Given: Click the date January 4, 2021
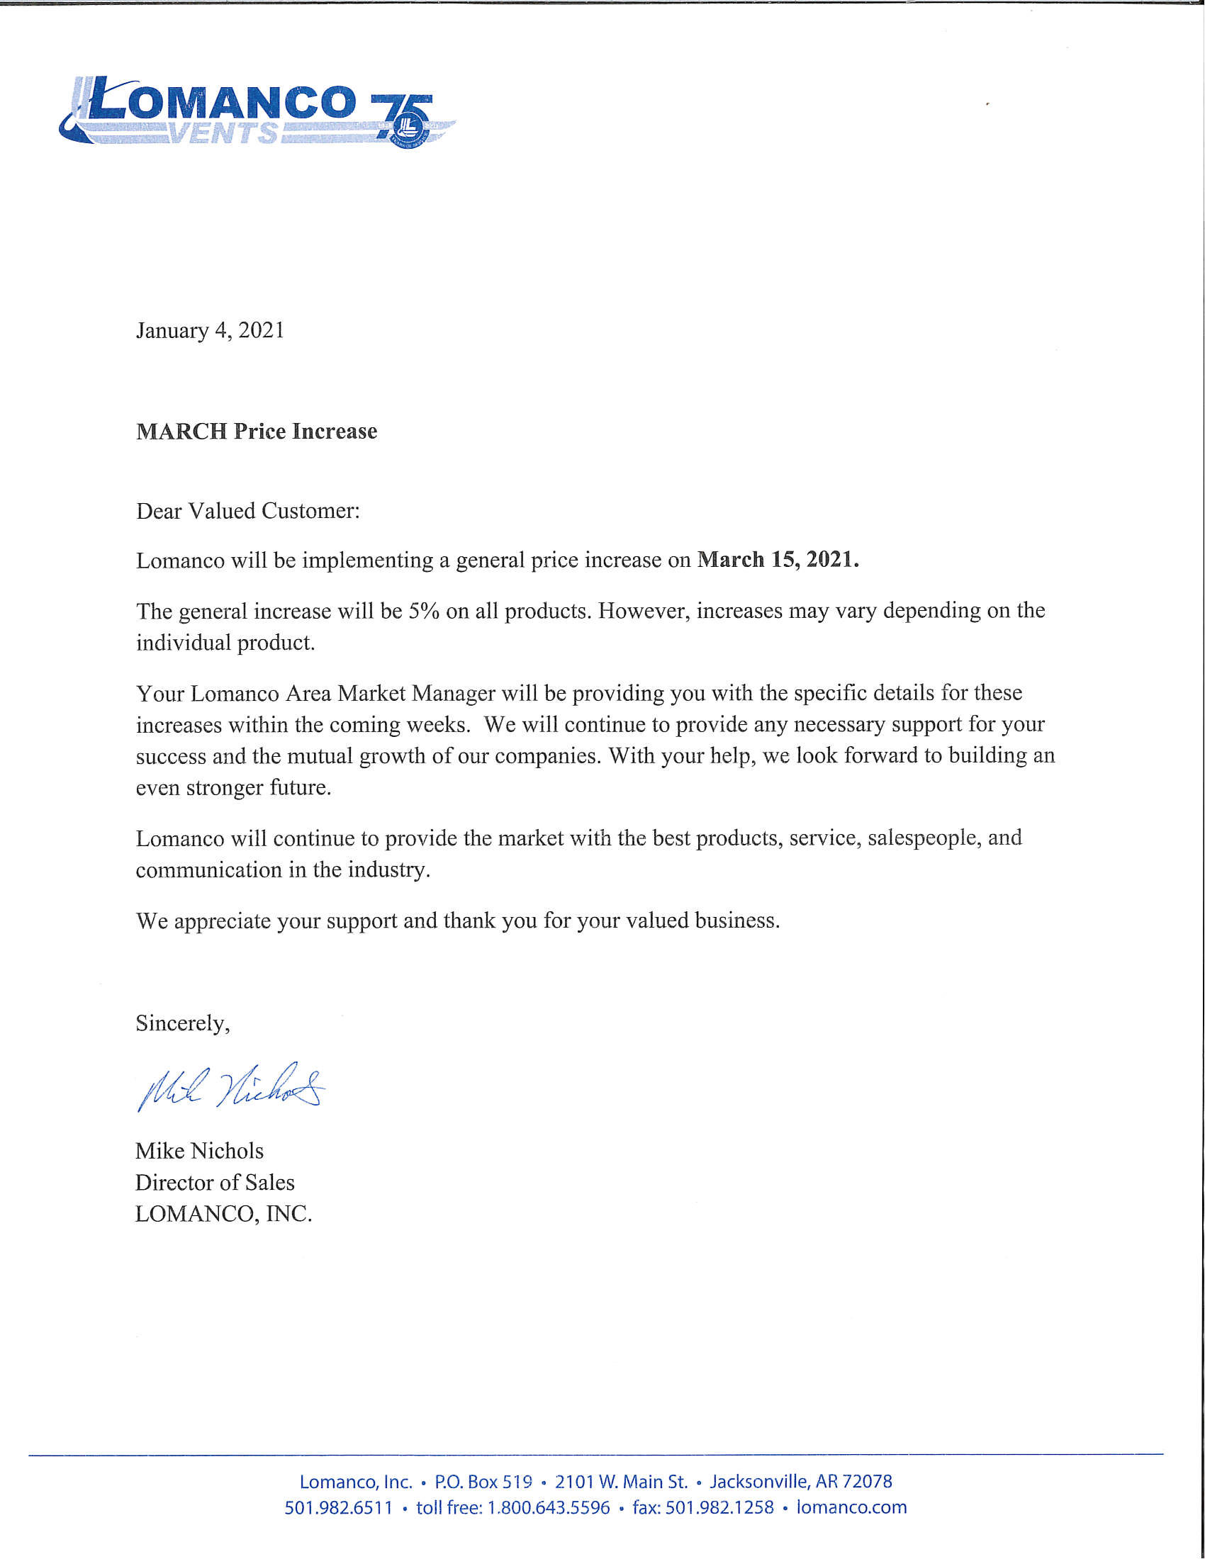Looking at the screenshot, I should pos(210,330).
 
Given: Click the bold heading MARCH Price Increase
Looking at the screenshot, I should pos(257,431).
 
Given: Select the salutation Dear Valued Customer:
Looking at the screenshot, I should pos(247,511).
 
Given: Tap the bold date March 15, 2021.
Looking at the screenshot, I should pos(778,560).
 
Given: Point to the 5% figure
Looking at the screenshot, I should pos(423,611).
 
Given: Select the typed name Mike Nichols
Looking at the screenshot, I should pos(199,1151).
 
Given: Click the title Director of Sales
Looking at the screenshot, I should pos(215,1182).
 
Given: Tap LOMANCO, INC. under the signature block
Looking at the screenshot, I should pos(223,1213).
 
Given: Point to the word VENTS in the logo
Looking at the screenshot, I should pos(223,133).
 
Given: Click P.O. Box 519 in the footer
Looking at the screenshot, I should pos(483,1481).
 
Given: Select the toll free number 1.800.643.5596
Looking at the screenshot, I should pos(548,1507).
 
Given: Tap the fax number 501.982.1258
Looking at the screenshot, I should pos(719,1507).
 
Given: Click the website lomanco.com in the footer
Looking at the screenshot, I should pos(851,1507).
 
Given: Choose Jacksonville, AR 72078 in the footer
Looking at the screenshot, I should pos(800,1481).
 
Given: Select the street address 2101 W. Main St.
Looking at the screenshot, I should pos(621,1481).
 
